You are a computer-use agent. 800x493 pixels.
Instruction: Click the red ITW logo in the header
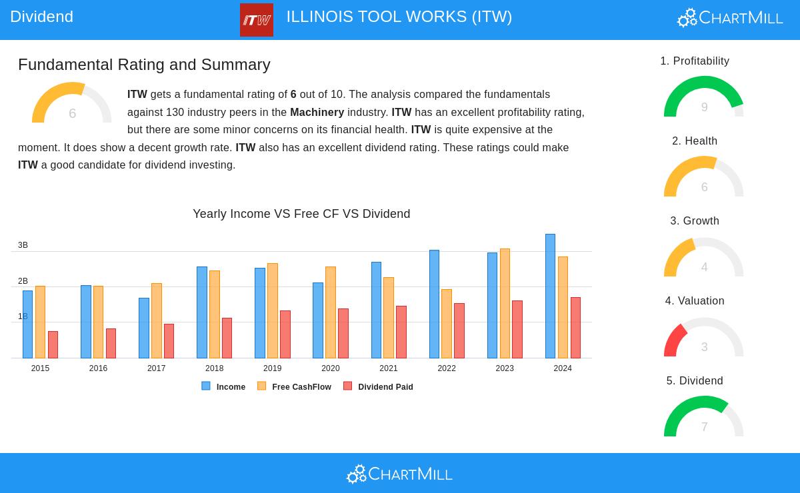tap(257, 20)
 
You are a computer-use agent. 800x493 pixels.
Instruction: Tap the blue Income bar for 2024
tap(550, 296)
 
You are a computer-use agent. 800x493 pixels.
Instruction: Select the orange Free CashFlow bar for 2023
tap(505, 303)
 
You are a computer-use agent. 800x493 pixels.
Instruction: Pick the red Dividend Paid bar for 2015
tap(53, 344)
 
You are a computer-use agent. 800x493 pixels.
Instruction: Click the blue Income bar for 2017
tap(144, 328)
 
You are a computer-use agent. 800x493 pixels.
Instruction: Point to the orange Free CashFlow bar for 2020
tap(331, 312)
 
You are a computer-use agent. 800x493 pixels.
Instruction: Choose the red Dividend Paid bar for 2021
tap(401, 332)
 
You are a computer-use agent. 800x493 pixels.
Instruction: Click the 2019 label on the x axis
tap(272, 368)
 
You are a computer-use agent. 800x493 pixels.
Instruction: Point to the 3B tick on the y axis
tap(23, 245)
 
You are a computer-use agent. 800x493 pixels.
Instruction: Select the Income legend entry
tap(231, 387)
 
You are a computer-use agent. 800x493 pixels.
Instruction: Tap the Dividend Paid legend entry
tap(385, 387)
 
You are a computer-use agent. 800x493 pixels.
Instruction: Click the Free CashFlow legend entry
tap(301, 387)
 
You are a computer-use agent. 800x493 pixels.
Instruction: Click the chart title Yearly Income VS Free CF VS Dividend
tap(301, 214)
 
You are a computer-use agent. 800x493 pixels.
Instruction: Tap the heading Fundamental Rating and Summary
tap(144, 65)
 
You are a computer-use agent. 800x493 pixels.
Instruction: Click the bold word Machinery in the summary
tap(317, 113)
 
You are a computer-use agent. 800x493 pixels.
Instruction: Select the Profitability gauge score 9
tap(704, 107)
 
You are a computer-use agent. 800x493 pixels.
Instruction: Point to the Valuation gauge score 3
tap(704, 347)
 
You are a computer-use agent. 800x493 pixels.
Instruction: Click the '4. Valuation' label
tap(695, 301)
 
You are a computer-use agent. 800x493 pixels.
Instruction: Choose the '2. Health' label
tap(695, 141)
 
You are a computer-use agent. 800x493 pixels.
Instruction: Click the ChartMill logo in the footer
tap(399, 474)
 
